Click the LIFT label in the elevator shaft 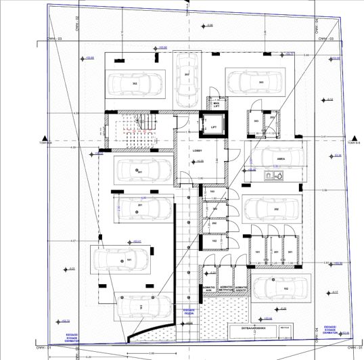[214, 127]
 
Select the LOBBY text [199, 150]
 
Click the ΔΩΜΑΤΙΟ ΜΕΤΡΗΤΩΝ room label [226, 287]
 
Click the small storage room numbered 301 [290, 253]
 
